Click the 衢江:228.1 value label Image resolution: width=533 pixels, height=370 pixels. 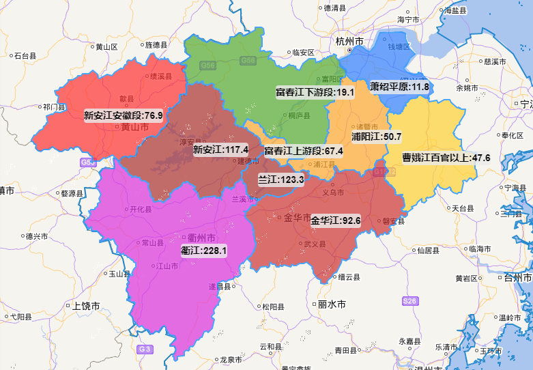203,251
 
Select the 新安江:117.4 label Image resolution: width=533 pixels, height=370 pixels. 220,149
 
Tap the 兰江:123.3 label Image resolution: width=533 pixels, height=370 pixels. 280,179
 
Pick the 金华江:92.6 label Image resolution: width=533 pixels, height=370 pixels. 335,220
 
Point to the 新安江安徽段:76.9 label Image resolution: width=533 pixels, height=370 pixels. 124,115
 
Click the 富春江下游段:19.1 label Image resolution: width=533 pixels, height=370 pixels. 315,92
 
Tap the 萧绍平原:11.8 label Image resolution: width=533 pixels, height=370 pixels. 399,87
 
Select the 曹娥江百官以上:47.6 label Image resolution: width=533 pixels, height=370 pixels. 446,158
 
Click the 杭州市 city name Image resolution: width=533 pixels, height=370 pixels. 349,42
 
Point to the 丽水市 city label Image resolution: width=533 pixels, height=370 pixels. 332,304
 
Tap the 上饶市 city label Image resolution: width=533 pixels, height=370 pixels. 86,306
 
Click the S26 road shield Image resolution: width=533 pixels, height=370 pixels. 410,300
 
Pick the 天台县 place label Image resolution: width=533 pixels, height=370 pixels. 463,208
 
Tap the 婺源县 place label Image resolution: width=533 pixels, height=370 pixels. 71,193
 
